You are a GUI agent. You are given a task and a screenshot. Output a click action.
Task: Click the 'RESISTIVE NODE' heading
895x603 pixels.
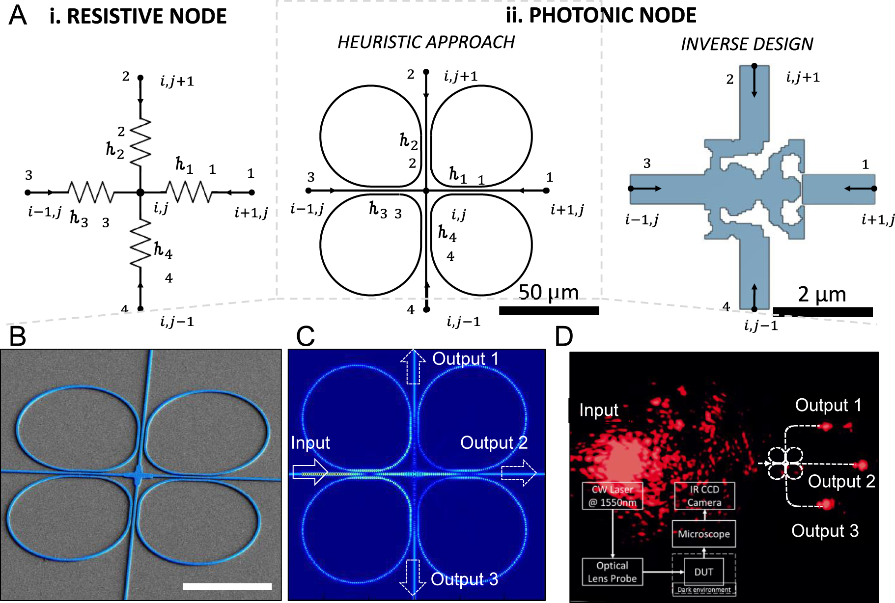(x=146, y=17)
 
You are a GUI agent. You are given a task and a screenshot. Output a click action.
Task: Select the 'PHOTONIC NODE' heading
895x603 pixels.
(x=612, y=16)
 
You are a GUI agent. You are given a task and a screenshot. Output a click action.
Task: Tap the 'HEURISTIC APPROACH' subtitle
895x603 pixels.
(x=426, y=43)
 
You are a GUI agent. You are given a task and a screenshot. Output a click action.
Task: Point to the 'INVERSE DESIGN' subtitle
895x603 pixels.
(x=747, y=45)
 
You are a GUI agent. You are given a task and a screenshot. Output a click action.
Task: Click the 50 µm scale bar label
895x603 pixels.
(x=548, y=293)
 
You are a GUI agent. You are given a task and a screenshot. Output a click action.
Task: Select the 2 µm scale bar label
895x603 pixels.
(x=822, y=295)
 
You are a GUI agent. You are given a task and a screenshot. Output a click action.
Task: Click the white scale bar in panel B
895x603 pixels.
(x=227, y=586)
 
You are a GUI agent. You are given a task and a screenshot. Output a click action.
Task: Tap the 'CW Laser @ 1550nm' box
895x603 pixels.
(x=612, y=496)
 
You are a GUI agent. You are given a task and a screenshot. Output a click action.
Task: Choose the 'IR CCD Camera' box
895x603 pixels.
(x=704, y=496)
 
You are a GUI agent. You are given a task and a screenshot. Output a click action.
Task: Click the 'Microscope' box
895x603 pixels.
(x=703, y=534)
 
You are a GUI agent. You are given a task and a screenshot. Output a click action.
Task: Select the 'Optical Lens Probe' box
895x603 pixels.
(x=612, y=572)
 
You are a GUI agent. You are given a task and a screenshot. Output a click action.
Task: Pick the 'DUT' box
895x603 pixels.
(x=703, y=572)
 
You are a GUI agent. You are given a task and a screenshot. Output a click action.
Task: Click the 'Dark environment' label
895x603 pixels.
(x=703, y=590)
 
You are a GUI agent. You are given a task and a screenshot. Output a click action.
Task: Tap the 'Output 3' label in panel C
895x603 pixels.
(x=464, y=579)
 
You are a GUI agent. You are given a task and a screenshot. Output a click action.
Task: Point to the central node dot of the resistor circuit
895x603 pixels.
(x=140, y=192)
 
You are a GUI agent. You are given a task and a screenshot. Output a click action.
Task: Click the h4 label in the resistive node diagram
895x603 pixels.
(x=163, y=250)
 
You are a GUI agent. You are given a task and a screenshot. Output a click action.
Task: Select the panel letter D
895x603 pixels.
(x=563, y=337)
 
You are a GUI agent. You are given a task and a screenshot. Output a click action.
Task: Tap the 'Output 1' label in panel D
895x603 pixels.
(x=828, y=406)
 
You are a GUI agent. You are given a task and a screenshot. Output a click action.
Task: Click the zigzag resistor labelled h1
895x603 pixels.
(x=189, y=192)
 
